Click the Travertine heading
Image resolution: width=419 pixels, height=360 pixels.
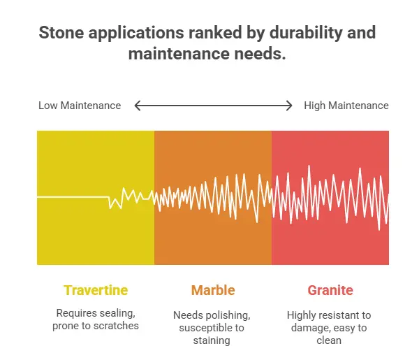(96, 290)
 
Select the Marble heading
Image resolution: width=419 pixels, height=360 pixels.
(213, 290)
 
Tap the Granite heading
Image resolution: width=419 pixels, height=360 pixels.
(330, 290)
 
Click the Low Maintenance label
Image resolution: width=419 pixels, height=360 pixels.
(80, 106)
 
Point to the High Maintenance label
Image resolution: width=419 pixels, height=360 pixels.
(346, 106)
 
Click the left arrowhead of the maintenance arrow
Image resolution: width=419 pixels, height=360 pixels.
(138, 106)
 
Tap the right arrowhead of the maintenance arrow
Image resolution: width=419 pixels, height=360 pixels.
(289, 106)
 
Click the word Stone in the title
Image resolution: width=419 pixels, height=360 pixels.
(59, 33)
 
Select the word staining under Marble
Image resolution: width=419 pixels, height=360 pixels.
(213, 340)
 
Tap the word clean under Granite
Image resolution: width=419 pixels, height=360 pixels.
(330, 340)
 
